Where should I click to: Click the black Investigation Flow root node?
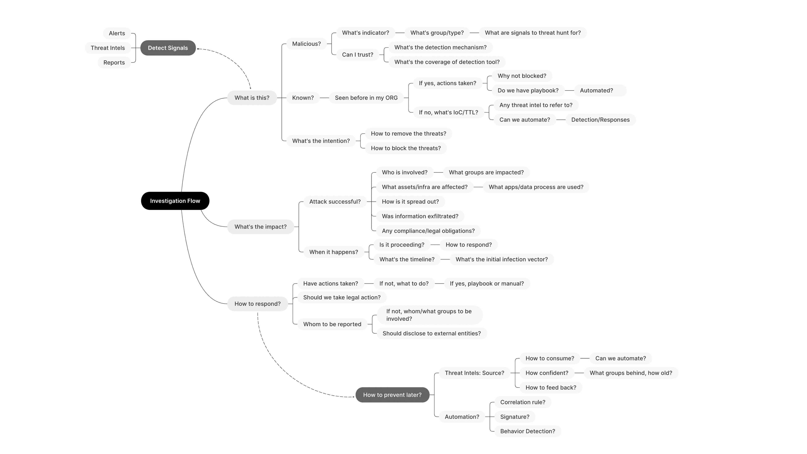click(x=175, y=201)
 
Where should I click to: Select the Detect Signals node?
click(x=168, y=48)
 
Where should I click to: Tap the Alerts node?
click(x=117, y=33)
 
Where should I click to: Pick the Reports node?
click(x=114, y=62)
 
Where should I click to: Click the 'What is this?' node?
click(x=252, y=98)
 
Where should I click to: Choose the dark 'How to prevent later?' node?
click(x=392, y=395)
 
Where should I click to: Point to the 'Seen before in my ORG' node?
click(x=366, y=98)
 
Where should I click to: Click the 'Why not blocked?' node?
click(x=522, y=76)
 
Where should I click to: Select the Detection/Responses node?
click(x=601, y=120)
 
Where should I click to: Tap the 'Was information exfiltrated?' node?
click(x=420, y=216)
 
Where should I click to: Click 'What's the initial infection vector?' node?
click(x=502, y=259)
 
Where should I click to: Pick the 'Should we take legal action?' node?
click(x=342, y=297)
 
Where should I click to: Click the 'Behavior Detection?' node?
click(x=527, y=431)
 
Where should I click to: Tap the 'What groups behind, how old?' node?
click(x=631, y=373)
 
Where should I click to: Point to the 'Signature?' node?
click(x=515, y=417)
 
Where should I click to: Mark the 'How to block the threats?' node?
click(x=406, y=148)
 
